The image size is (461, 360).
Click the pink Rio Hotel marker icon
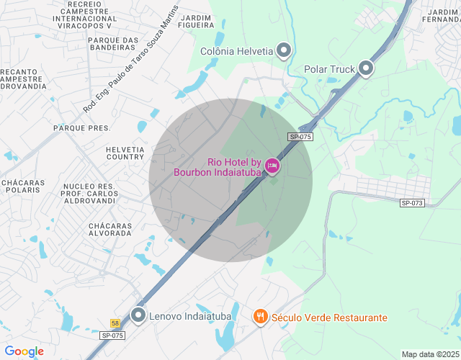click(x=272, y=166)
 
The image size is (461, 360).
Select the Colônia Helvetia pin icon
click(x=284, y=50)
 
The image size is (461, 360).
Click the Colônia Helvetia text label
click(x=237, y=51)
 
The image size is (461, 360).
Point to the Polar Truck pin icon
click(x=366, y=69)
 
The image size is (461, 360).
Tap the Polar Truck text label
click(x=330, y=70)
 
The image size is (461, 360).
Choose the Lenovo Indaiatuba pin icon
click(x=138, y=315)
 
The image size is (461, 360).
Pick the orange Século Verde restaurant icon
click(x=260, y=316)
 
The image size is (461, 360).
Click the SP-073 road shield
click(x=413, y=204)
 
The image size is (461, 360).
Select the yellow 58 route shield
click(x=115, y=324)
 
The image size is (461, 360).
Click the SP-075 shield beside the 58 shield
click(x=112, y=336)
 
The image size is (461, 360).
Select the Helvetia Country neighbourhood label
click(x=125, y=153)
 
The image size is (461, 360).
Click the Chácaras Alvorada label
click(x=109, y=230)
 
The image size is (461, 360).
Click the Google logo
click(x=24, y=351)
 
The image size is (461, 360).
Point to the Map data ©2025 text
click(x=429, y=354)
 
